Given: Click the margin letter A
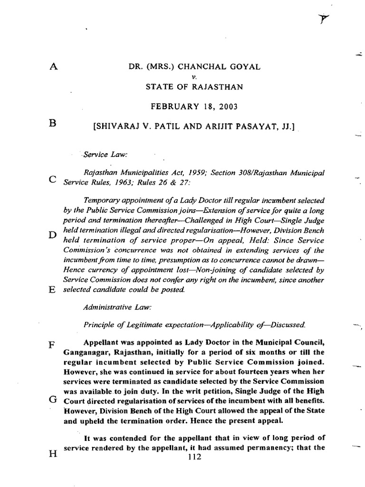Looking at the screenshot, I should point(53,67).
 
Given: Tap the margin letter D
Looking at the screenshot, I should point(53,234).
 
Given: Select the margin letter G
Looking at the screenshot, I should point(53,399).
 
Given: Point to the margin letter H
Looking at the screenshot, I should point(53,453).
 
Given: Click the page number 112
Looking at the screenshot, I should point(195,458).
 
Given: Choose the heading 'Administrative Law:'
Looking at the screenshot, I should point(117,308).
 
